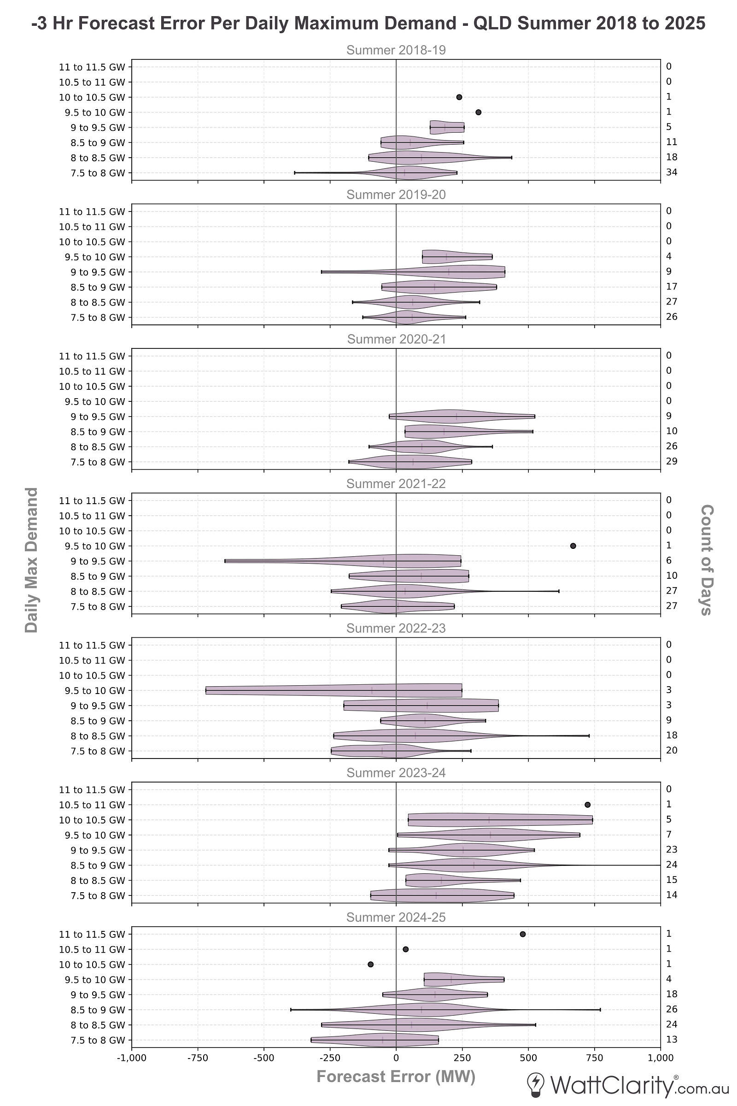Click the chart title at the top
(368, 23)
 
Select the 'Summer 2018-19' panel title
(396, 50)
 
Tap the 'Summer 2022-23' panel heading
(396, 629)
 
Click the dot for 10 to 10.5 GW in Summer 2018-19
(459, 97)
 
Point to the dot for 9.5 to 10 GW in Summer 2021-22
(573, 546)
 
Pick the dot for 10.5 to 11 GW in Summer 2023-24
(588, 805)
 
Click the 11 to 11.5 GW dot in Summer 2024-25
(523, 935)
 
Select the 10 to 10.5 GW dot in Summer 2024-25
(370, 965)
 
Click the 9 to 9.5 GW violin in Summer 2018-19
(446, 128)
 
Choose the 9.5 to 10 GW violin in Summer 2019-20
(457, 257)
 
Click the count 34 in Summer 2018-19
(672, 172)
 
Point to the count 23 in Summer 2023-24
(672, 850)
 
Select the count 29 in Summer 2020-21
(672, 461)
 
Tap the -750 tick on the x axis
(198, 1058)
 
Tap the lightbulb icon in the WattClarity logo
(537, 1084)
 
